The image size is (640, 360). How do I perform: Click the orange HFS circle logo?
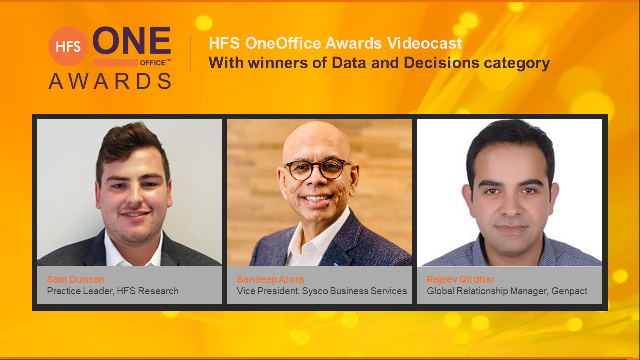[68, 46]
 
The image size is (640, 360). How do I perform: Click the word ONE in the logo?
[132, 41]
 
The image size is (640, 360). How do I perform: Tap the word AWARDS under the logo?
[110, 81]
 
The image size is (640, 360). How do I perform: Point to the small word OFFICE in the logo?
[153, 63]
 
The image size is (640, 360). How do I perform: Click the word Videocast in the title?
[425, 43]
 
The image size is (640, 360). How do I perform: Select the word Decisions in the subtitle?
[441, 63]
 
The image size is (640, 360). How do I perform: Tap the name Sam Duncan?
[76, 279]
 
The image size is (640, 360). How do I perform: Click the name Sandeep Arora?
[270, 279]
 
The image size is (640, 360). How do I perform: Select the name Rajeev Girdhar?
[461, 279]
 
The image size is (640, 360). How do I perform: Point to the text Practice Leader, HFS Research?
[113, 291]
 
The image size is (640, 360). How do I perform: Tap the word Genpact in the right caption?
[569, 291]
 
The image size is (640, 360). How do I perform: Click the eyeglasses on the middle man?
[317, 169]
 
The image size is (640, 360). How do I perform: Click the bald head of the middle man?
[317, 140]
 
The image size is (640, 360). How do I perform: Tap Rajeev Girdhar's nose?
[510, 205]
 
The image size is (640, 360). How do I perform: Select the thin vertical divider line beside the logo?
[191, 53]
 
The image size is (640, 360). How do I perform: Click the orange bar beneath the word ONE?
[115, 63]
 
